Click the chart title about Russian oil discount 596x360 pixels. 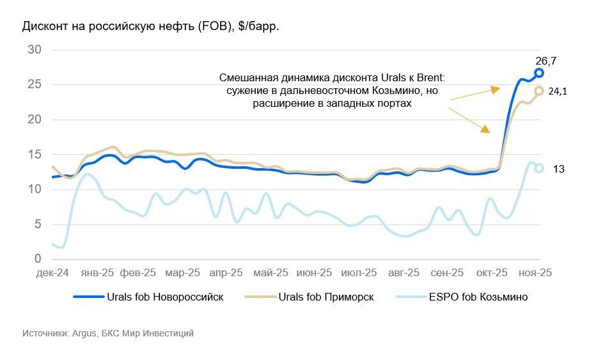coord(151,27)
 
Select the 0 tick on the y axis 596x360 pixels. coord(38,259)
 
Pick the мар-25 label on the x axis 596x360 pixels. coord(182,272)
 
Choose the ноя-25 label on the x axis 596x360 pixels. coord(535,272)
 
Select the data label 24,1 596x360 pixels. coord(558,91)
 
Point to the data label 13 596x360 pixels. coord(558,168)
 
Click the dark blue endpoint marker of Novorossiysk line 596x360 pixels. coord(539,73)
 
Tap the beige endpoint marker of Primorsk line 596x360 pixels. coord(539,91)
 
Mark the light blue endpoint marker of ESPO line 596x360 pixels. coord(539,168)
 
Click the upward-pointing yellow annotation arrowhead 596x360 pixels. coord(494,90)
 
